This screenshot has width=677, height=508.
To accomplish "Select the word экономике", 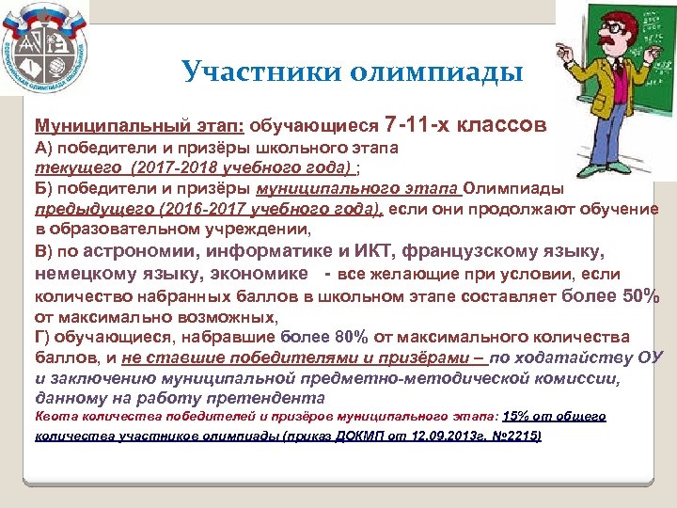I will point(258,274).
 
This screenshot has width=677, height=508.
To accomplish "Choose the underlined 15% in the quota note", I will point(517,416).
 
